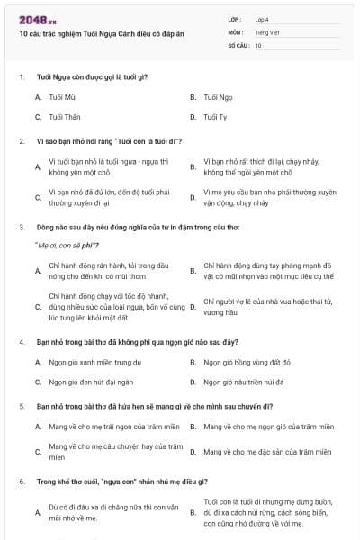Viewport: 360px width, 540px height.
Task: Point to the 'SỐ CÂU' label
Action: [238, 44]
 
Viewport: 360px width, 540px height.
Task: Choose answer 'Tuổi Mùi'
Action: [63, 96]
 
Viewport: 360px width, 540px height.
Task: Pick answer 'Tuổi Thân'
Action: [65, 117]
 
